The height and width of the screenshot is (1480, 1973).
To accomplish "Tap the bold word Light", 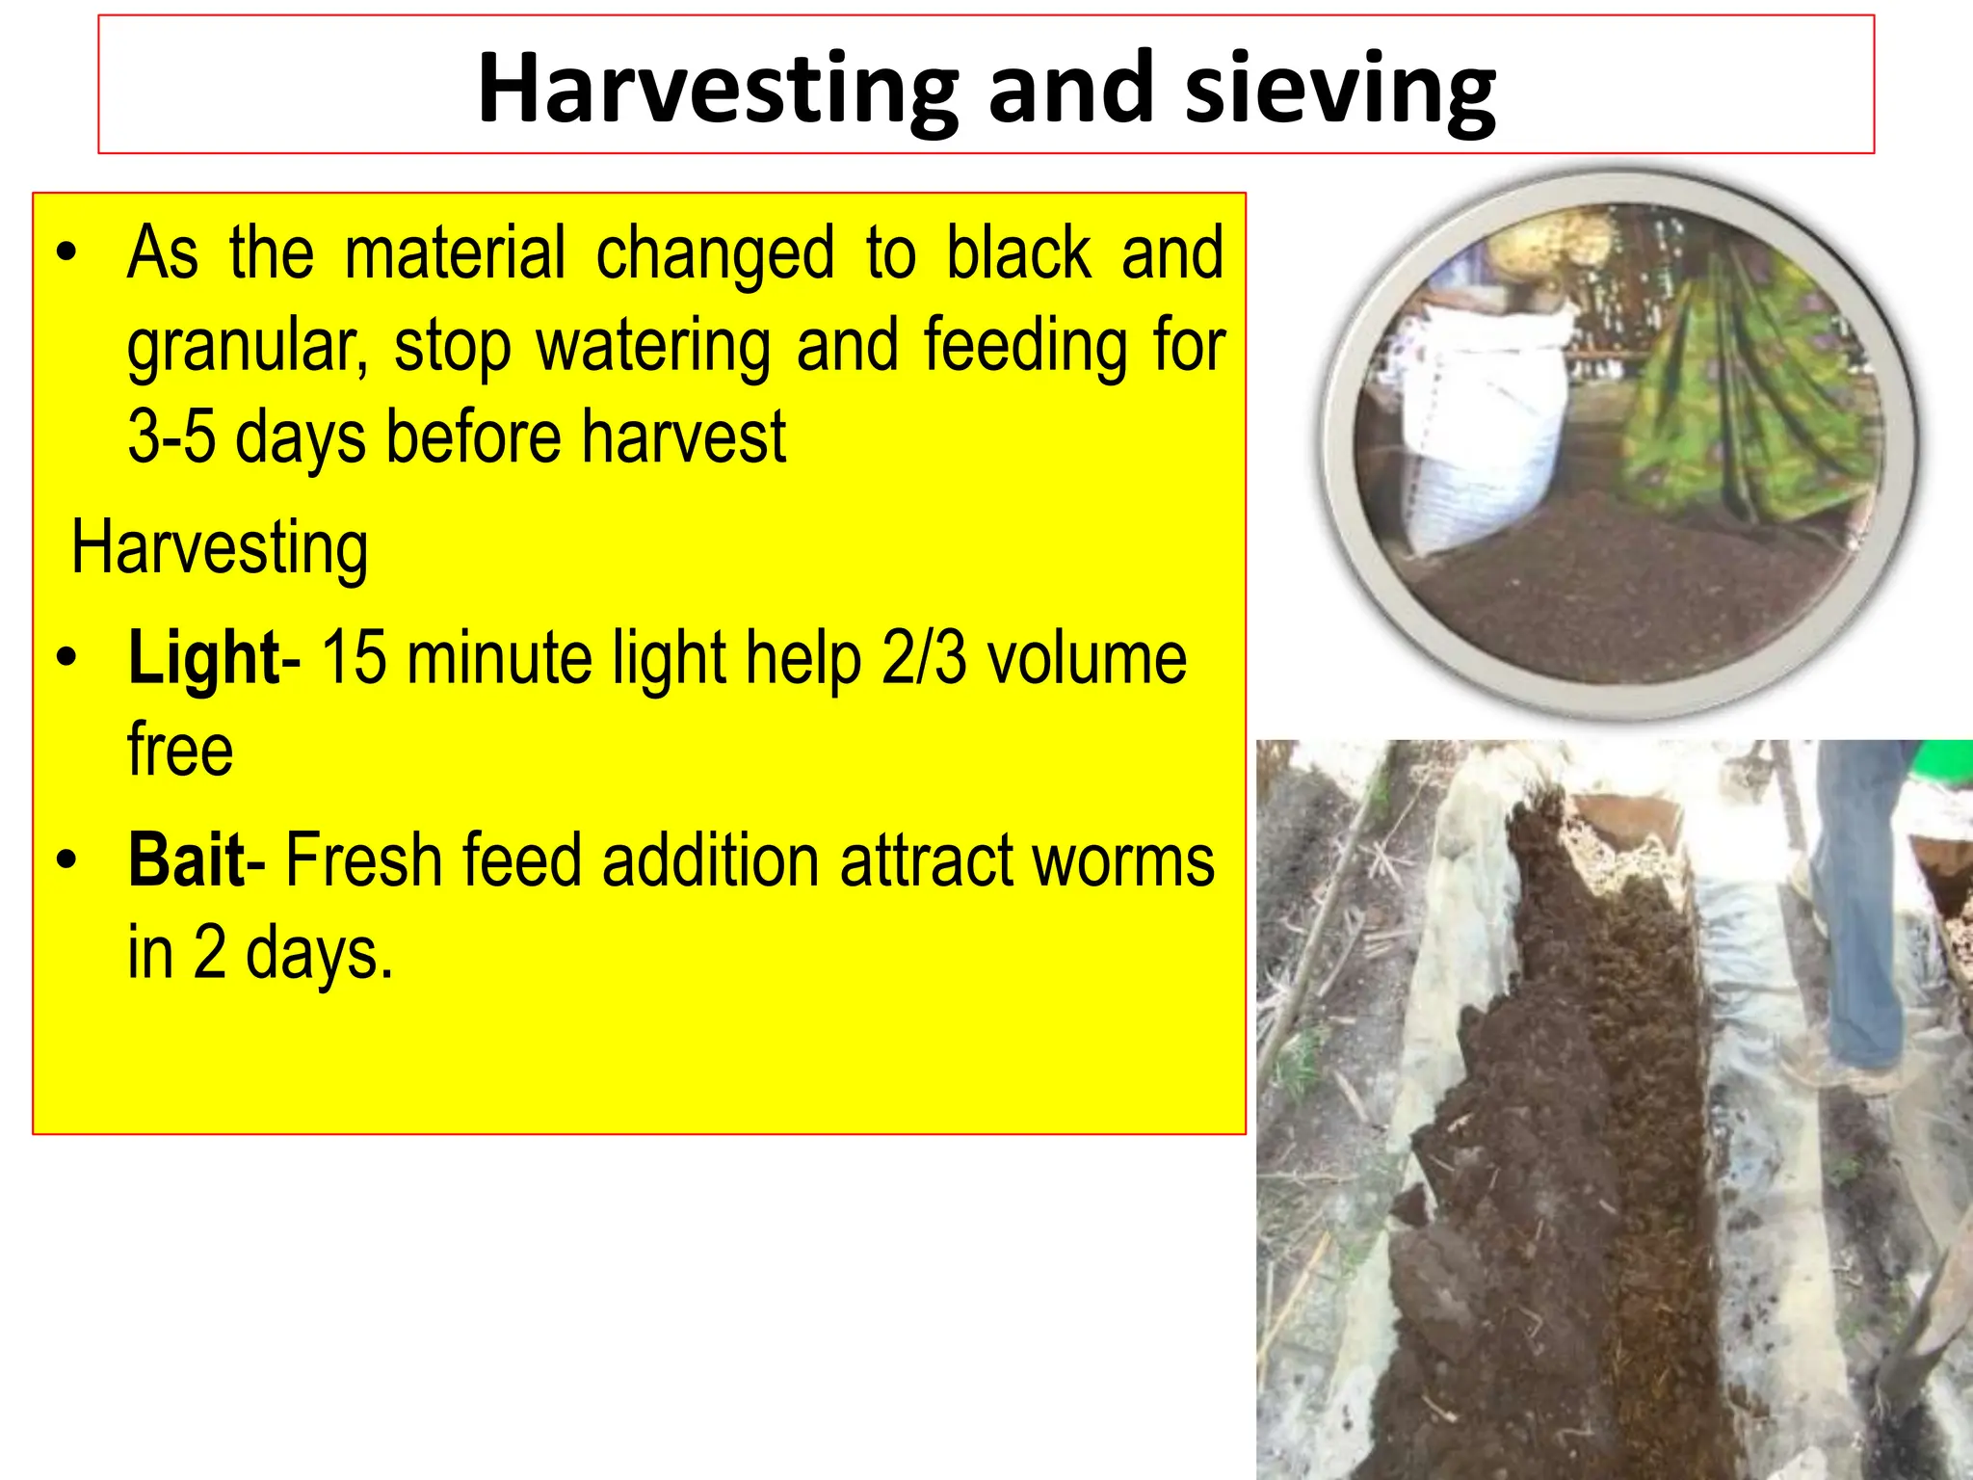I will pos(203,659).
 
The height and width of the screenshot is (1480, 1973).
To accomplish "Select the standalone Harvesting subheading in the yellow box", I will pos(220,547).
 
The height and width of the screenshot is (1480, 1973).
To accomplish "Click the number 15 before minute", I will pos(353,659).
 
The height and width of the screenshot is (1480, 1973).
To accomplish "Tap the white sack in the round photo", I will pos(1484,424).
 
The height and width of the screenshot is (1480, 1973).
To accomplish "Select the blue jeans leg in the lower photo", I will pos(1859,915).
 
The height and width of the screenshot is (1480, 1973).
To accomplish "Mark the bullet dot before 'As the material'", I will pos(66,252).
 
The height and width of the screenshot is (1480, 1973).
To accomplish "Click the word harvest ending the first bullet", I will pos(684,437).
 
